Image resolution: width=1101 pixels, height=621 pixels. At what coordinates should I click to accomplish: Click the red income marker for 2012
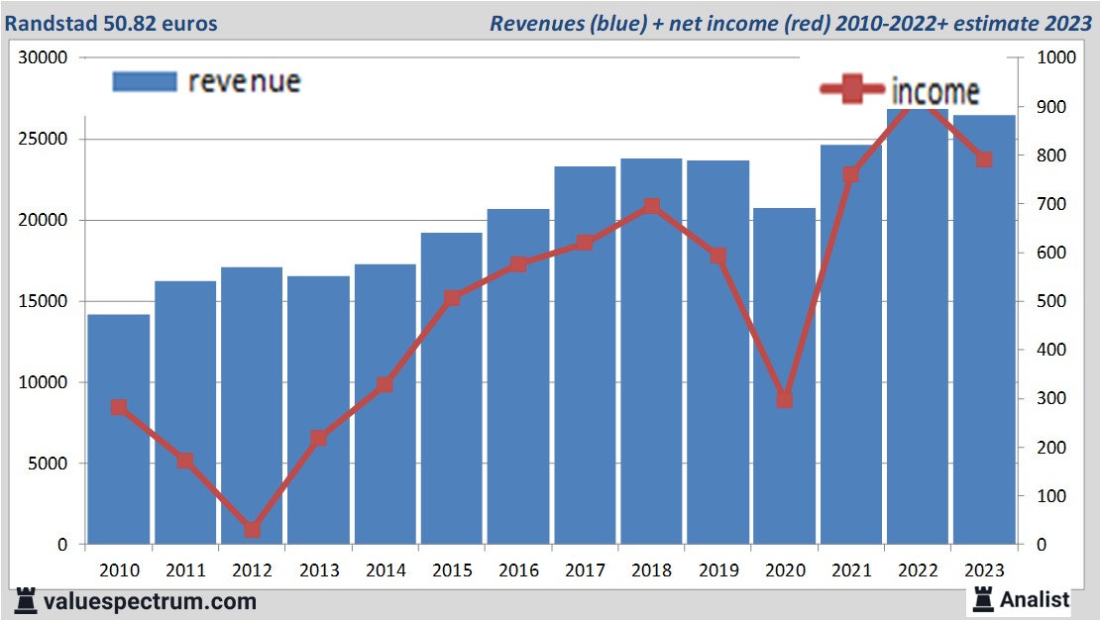pyautogui.click(x=252, y=530)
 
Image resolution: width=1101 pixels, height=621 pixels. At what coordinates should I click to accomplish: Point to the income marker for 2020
pyautogui.click(x=785, y=399)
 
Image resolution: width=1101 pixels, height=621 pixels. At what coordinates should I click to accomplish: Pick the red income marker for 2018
pyautogui.click(x=651, y=206)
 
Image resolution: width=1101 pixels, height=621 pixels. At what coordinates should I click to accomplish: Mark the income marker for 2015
pyautogui.click(x=452, y=298)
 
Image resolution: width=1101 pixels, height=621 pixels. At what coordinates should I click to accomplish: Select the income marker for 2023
pyautogui.click(x=984, y=159)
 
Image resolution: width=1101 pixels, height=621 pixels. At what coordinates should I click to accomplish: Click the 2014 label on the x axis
pyautogui.click(x=385, y=570)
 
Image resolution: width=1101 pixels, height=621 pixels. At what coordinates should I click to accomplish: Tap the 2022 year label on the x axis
pyautogui.click(x=919, y=570)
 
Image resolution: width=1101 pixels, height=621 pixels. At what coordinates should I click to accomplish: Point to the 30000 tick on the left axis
pyautogui.click(x=43, y=57)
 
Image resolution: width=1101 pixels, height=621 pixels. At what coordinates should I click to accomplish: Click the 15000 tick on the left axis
pyautogui.click(x=43, y=301)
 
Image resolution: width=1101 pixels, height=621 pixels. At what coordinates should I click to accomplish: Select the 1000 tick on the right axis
pyautogui.click(x=1054, y=57)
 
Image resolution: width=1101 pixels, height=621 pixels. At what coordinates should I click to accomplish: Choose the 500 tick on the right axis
pyautogui.click(x=1050, y=301)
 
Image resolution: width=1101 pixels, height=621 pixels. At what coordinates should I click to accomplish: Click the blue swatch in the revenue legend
pyautogui.click(x=145, y=81)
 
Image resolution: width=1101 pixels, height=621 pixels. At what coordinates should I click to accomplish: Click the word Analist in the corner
pyautogui.click(x=1035, y=599)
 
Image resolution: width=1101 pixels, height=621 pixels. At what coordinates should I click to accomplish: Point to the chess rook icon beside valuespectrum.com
pyautogui.click(x=27, y=600)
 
